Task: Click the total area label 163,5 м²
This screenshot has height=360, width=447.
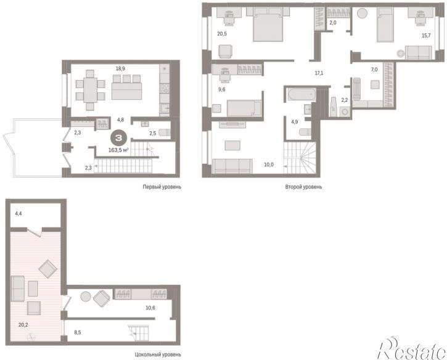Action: pos(118,150)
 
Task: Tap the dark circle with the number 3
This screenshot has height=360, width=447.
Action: pos(118,138)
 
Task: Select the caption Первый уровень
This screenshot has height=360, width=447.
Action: pos(162,187)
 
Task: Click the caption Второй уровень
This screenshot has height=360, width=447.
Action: pos(303,187)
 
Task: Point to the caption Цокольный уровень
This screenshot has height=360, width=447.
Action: pos(158,355)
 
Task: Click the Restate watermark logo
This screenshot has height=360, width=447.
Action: pos(412,348)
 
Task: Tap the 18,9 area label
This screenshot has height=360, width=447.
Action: pos(120,68)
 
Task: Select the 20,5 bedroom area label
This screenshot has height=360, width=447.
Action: pos(222,34)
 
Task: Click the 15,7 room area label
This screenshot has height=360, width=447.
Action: pos(426,36)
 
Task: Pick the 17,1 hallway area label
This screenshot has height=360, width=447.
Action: pos(319,73)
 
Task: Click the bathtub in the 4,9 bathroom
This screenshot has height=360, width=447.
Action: pos(301,94)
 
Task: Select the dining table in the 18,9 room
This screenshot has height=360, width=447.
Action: pos(91,90)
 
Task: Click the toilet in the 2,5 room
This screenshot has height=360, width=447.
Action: pos(165,133)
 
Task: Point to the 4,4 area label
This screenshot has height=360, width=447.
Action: pos(18,213)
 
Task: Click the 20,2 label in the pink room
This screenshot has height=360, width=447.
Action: pos(23,325)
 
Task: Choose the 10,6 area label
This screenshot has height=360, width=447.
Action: pos(150,308)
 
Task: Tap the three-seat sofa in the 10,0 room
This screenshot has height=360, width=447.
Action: pos(232,166)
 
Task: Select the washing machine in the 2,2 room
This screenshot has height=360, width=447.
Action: pos(345,112)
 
